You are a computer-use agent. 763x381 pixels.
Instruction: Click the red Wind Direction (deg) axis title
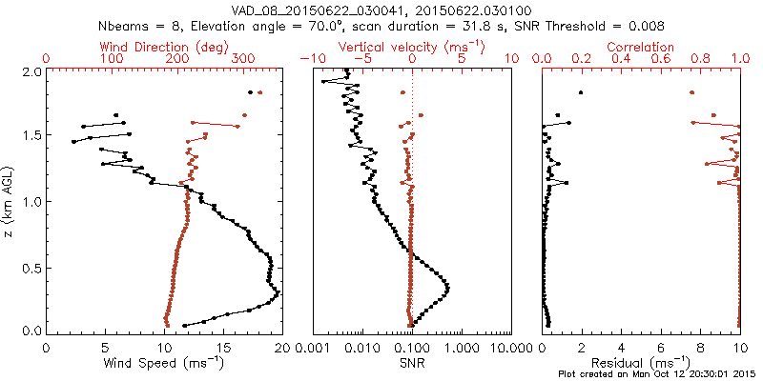pos(164,47)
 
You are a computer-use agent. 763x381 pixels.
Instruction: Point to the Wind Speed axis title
pos(164,362)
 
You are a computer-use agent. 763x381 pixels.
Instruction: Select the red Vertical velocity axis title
pos(411,47)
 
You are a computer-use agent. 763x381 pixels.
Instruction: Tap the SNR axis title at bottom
pos(411,362)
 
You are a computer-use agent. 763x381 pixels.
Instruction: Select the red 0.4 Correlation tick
pos(621,59)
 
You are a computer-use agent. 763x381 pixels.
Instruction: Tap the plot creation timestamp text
pos(658,373)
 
